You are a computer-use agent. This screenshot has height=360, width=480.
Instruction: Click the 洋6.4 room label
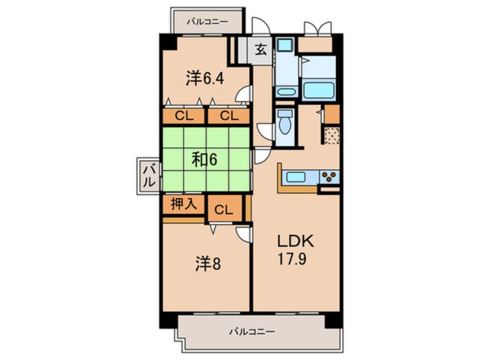point(205,78)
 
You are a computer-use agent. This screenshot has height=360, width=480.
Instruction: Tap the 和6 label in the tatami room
point(204,160)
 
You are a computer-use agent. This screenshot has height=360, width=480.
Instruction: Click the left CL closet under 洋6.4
point(183,117)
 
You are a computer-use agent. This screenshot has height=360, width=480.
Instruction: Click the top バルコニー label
point(207,22)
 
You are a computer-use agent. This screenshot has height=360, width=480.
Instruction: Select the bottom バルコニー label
point(252,330)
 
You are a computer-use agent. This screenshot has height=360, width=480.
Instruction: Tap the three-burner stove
point(329,177)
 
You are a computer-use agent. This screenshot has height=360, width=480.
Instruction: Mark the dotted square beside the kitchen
point(331,136)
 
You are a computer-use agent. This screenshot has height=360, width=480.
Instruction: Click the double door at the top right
point(317,28)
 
